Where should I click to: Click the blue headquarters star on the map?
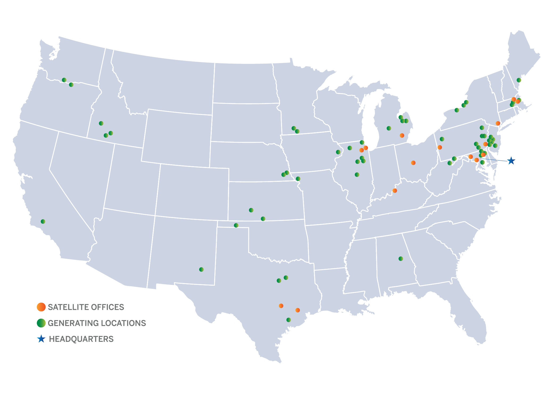click(x=511, y=161)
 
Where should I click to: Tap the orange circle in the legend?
click(x=41, y=307)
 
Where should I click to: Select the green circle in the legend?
click(x=41, y=323)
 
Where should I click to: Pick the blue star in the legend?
click(x=41, y=339)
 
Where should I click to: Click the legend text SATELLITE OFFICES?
click(x=86, y=307)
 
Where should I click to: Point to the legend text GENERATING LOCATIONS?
click(x=97, y=323)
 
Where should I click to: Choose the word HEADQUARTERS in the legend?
click(x=81, y=339)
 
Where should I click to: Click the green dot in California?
click(x=43, y=221)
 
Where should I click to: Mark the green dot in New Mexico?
click(x=201, y=269)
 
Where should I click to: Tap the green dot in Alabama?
click(x=401, y=258)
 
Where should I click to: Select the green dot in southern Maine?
click(x=519, y=80)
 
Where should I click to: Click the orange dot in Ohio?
click(x=413, y=163)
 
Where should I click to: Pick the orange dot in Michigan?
click(x=402, y=136)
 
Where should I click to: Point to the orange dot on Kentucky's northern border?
click(x=395, y=191)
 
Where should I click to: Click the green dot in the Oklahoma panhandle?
click(x=236, y=225)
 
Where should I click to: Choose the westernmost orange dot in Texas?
click(x=281, y=306)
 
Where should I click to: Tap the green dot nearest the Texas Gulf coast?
click(x=288, y=320)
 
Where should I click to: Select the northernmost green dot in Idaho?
click(x=101, y=123)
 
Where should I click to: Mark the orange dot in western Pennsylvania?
click(x=440, y=147)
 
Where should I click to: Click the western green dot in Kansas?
click(x=251, y=210)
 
